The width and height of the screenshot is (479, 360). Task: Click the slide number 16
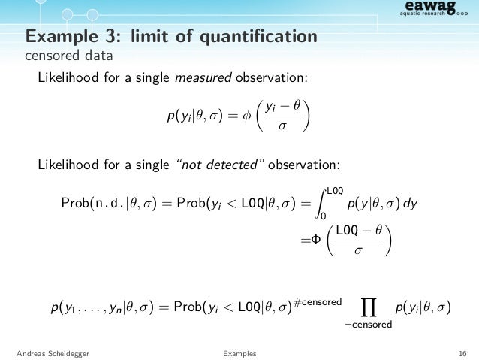pyautogui.click(x=461, y=352)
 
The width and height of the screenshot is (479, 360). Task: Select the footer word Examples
pyautogui.click(x=239, y=352)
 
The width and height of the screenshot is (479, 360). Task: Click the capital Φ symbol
pyautogui.click(x=316, y=241)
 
